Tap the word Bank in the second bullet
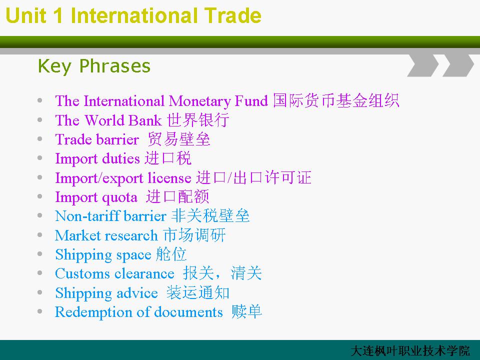(x=144, y=120)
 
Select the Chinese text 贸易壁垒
(x=179, y=139)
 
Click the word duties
(x=120, y=158)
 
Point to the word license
(x=169, y=177)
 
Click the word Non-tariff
(x=87, y=216)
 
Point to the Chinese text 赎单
(x=246, y=311)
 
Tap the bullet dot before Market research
(x=40, y=235)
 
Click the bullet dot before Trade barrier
(x=40, y=139)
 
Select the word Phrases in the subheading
(x=115, y=66)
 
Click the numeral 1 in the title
(x=58, y=15)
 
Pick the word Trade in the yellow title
(x=232, y=15)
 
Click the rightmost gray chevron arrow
(x=458, y=65)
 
